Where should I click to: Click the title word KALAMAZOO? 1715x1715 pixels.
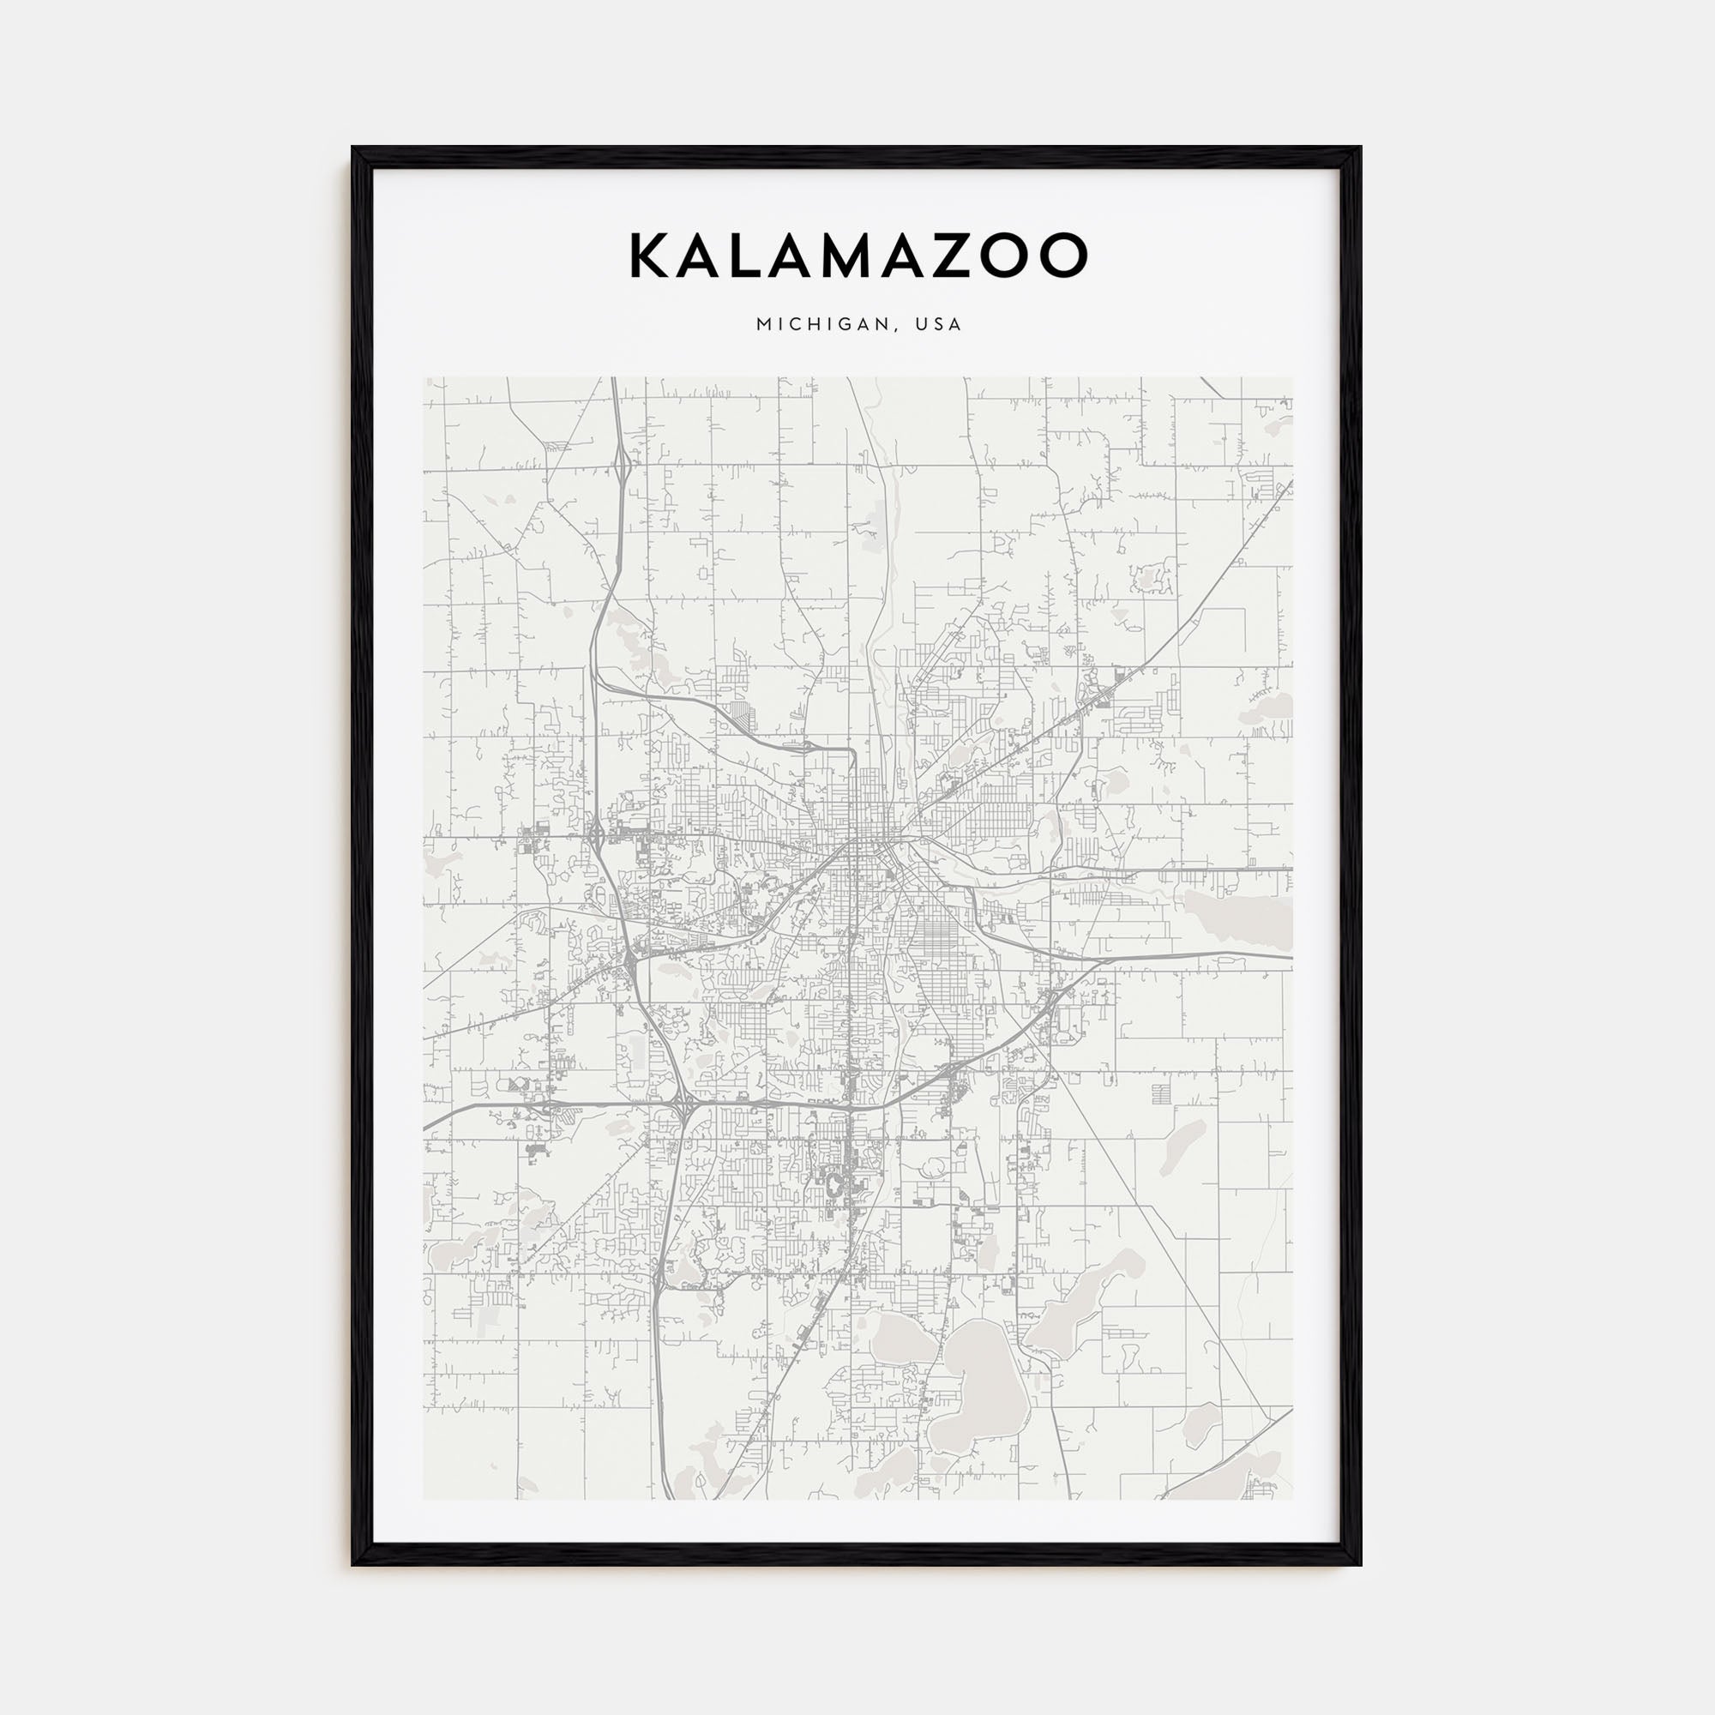pyautogui.click(x=857, y=256)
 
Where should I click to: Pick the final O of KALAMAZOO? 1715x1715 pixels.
pyautogui.click(x=1062, y=256)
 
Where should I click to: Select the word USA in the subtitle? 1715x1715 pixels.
pyautogui.click(x=942, y=325)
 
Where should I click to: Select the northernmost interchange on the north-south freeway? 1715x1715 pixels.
pyautogui.click(x=625, y=460)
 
